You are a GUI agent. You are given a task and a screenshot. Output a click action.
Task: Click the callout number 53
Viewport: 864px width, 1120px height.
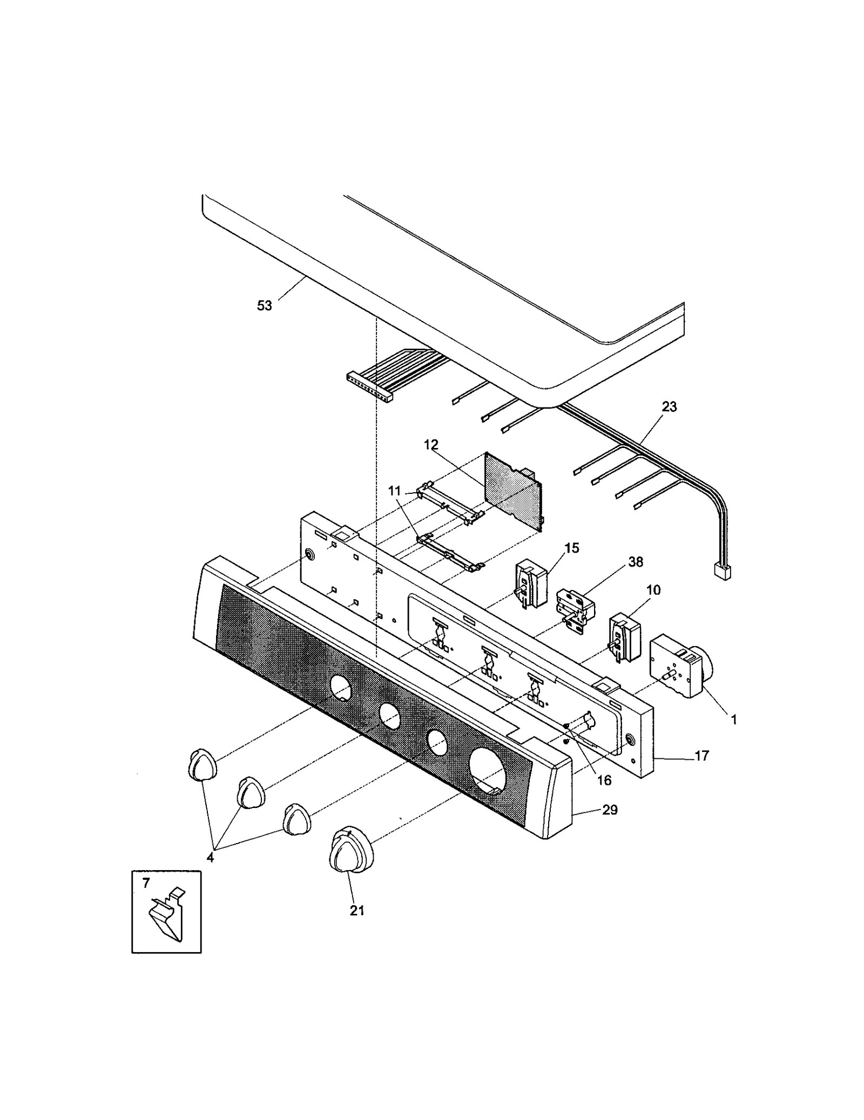[x=264, y=306]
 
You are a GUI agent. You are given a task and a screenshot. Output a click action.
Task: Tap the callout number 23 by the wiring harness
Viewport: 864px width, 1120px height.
[x=669, y=407]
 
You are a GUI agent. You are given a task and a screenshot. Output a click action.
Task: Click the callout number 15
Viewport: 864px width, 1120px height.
[x=571, y=548]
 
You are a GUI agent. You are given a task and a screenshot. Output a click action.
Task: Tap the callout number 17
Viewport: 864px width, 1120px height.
[x=701, y=756]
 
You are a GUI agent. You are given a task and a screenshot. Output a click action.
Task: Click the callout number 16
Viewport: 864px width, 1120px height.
[x=604, y=780]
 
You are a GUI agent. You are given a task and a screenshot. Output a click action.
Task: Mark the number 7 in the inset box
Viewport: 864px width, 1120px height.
[x=146, y=884]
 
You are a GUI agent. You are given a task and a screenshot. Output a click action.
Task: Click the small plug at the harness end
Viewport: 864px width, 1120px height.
[x=722, y=572]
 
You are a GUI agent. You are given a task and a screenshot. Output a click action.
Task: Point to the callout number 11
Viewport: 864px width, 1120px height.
[x=395, y=491]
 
